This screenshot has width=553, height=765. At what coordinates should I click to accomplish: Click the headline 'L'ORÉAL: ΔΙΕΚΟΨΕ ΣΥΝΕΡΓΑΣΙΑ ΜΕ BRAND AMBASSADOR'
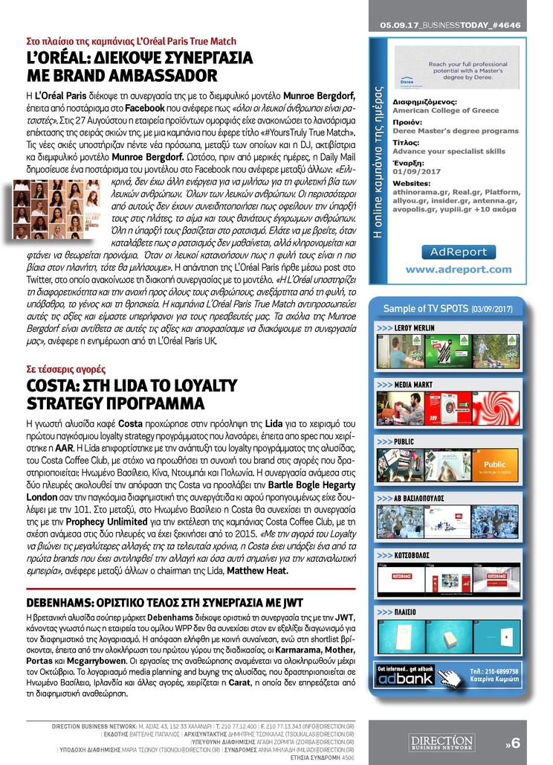tap(140, 67)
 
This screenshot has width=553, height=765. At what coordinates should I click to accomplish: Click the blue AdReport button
tap(458, 252)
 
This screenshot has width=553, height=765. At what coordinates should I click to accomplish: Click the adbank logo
tap(406, 679)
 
